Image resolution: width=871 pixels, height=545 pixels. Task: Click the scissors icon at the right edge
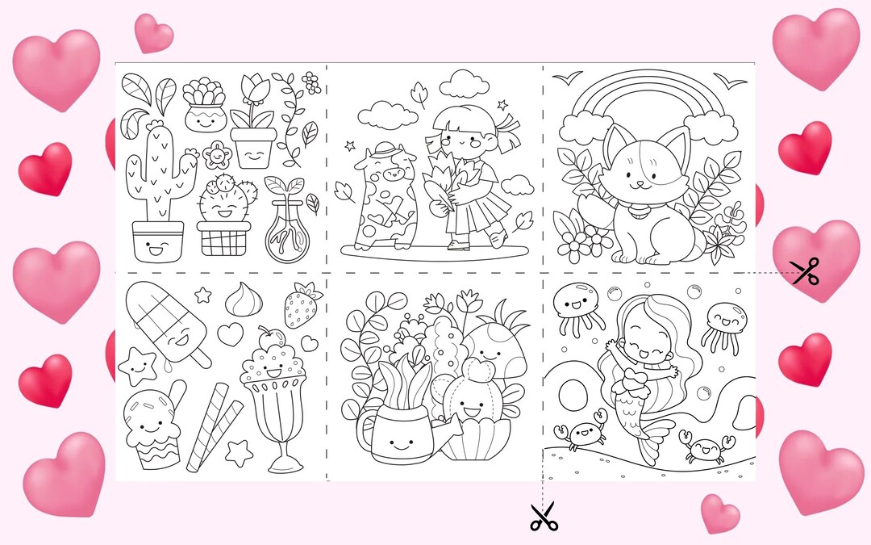coord(804,271)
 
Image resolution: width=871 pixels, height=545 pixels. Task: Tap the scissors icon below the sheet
coord(544,516)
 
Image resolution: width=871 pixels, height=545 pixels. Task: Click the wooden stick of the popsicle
coord(198,354)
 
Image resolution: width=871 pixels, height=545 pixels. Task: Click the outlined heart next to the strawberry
coord(232,333)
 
